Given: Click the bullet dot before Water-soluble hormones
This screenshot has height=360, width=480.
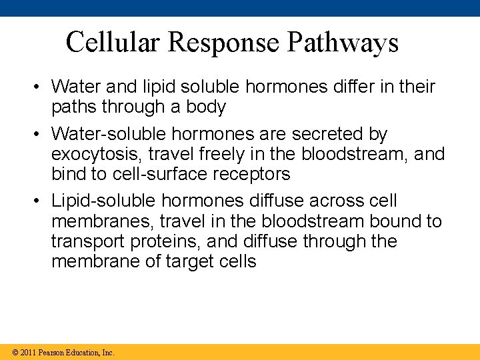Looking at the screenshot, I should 39,134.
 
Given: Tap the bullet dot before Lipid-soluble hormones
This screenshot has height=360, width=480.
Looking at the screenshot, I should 39,201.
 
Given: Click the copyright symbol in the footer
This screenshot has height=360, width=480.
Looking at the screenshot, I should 15,352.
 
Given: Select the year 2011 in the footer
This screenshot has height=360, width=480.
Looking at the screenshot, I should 29,352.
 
